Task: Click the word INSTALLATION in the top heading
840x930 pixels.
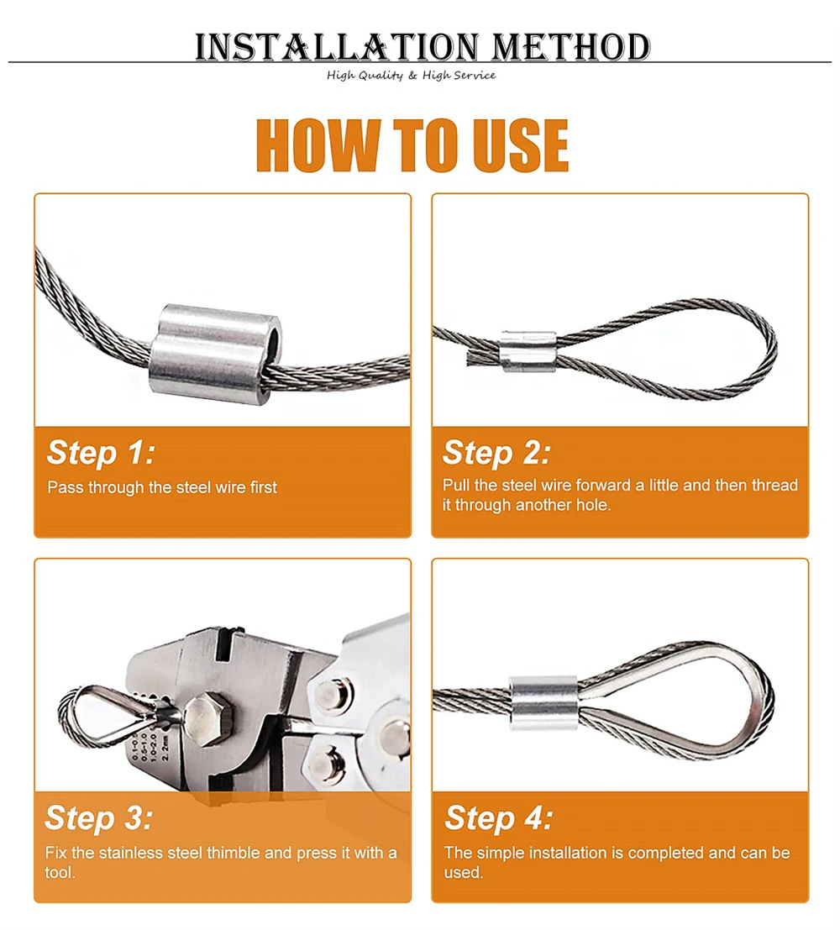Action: click(x=337, y=47)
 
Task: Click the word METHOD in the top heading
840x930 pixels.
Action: click(x=571, y=47)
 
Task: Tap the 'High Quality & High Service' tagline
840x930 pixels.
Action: click(x=411, y=76)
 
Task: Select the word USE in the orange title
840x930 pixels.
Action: click(x=520, y=145)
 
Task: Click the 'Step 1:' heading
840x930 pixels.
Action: click(x=101, y=453)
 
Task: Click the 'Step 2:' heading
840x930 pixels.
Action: click(x=496, y=453)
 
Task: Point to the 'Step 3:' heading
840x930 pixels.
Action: click(x=98, y=817)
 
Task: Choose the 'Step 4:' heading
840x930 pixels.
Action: click(x=499, y=817)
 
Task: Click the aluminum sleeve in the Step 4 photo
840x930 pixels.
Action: click(x=544, y=703)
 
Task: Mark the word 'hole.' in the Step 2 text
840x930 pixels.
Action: click(x=593, y=505)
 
